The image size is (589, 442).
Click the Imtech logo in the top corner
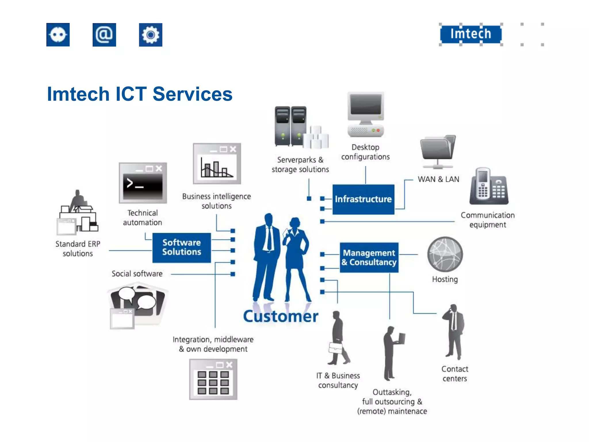(471, 34)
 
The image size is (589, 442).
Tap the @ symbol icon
(104, 35)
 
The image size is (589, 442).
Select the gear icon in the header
(150, 35)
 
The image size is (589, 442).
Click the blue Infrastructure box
(363, 199)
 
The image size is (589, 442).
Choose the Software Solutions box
(181, 247)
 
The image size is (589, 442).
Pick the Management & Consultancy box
(369, 258)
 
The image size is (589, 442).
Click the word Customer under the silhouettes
(281, 316)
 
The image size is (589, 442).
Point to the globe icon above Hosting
(445, 254)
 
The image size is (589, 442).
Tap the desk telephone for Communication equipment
(489, 187)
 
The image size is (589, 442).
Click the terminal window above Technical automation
(143, 183)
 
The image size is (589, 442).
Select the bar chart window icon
(217, 164)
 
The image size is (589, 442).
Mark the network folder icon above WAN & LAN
(438, 151)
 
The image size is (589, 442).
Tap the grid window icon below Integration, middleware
(213, 379)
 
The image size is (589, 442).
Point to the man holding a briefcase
(338, 338)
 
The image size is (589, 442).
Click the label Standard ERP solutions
(78, 249)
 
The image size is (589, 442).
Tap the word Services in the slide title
(192, 94)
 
